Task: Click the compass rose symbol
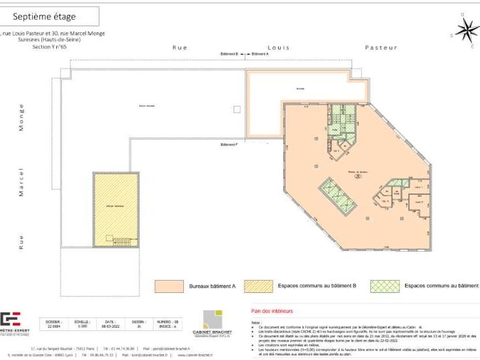point(466,29)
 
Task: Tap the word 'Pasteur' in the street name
point(381,48)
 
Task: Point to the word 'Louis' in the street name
point(279,48)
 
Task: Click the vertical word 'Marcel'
point(21,183)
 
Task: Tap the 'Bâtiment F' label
point(229,144)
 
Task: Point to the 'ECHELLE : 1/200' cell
point(82,324)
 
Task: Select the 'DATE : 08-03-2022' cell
point(110,324)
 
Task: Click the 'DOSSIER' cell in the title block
point(54,324)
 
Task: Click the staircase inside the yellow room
point(122,241)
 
